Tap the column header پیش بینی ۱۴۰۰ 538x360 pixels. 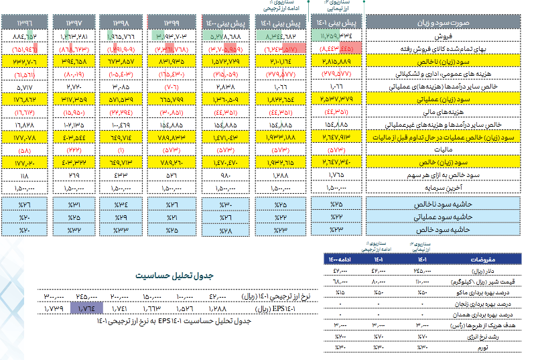224,24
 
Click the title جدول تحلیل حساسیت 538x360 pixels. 173,276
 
